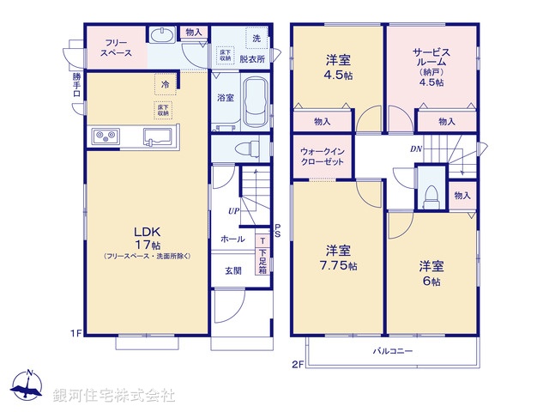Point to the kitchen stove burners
point(106,136)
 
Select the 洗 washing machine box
point(256,38)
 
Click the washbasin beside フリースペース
point(162,34)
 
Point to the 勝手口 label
point(76,87)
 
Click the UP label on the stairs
point(233,210)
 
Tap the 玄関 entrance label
point(233,270)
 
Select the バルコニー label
point(393,351)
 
